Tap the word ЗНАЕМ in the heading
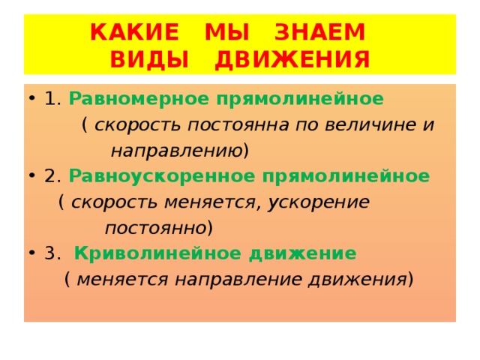319,32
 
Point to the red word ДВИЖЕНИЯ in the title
292,59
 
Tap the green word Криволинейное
136,253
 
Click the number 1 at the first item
49,98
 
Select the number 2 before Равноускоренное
49,176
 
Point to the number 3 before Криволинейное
49,253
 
